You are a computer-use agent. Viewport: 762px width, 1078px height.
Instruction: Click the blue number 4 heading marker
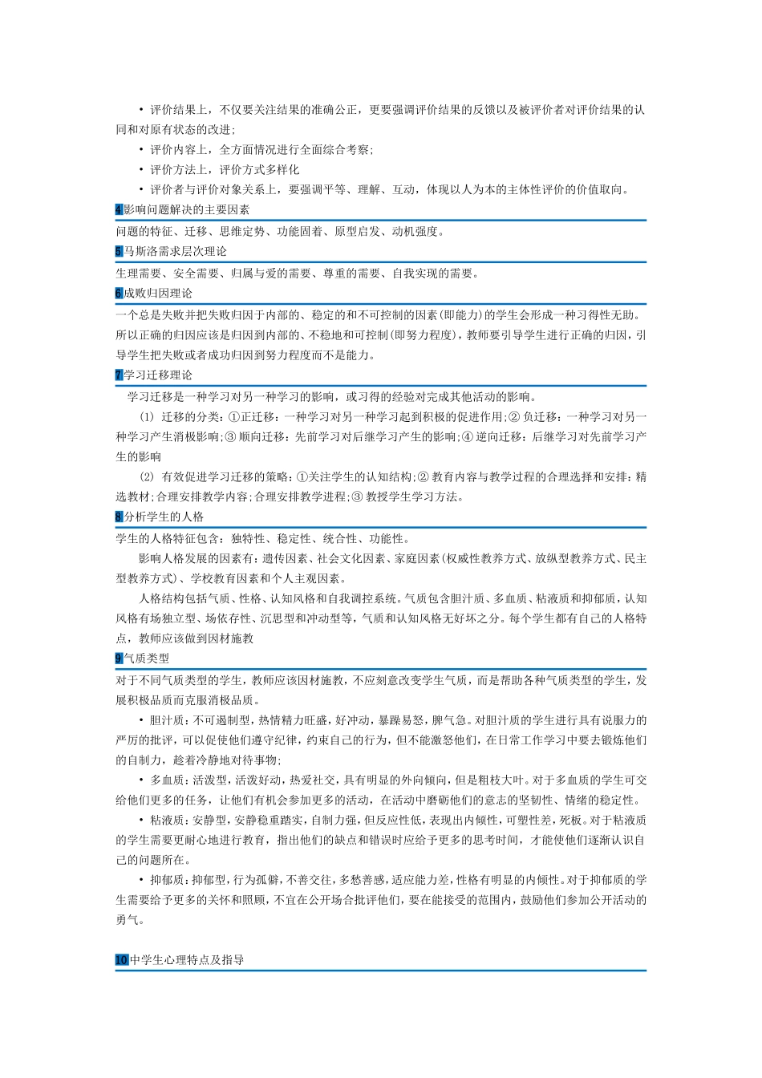[x=119, y=210]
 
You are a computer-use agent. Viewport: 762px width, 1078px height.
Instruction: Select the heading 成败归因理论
[x=158, y=294]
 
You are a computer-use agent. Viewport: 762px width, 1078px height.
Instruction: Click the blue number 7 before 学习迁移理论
[x=119, y=375]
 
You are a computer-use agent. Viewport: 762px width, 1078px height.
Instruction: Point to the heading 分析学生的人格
[x=164, y=517]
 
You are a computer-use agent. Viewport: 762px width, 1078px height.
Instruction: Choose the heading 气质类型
[x=147, y=659]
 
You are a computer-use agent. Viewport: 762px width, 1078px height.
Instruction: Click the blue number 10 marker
[x=122, y=960]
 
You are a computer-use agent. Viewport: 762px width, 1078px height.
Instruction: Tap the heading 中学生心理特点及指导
[x=187, y=960]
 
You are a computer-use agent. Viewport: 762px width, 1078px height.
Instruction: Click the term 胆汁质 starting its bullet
[x=167, y=720]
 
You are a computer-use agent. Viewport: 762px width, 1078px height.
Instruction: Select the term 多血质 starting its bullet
[x=167, y=780]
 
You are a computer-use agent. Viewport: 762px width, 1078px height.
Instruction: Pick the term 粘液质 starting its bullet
[x=167, y=820]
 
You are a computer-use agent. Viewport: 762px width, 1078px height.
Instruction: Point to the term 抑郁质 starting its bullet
[x=167, y=880]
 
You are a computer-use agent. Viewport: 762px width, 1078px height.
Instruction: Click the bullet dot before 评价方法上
[x=140, y=169]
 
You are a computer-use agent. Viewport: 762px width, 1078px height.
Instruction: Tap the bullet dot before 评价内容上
[x=140, y=149]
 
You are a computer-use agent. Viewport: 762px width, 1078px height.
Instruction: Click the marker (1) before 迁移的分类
[x=146, y=417]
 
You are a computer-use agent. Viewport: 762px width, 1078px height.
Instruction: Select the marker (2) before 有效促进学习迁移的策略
[x=146, y=477]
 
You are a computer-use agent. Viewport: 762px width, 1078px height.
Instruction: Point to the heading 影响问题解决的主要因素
[x=187, y=210]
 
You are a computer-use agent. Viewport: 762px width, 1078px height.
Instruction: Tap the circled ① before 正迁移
[x=234, y=417]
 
